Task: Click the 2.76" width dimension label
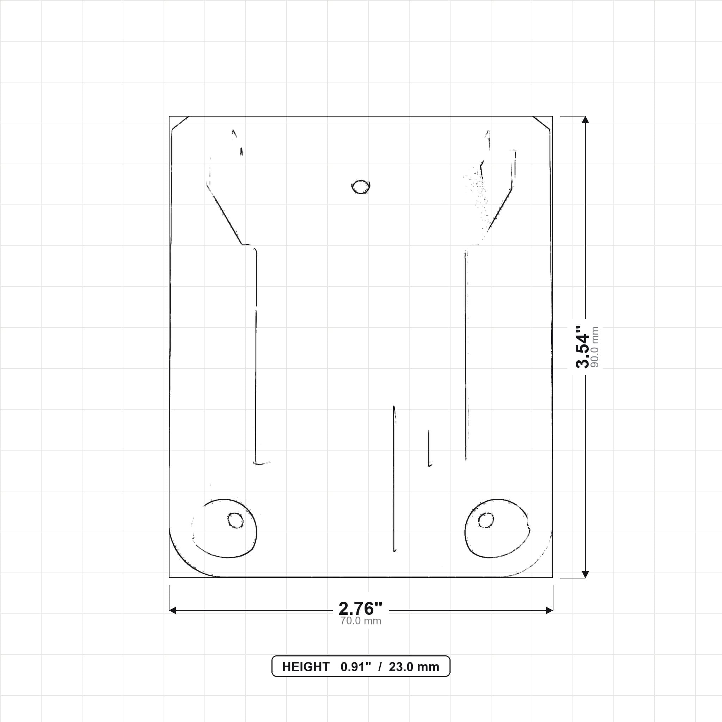[360, 609]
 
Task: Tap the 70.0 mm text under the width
[360, 621]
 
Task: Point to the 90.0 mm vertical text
[595, 347]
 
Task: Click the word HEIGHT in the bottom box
[306, 667]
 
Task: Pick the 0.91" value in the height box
[356, 667]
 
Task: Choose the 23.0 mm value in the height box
[414, 667]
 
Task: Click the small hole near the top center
[361, 187]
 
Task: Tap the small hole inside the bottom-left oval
[235, 520]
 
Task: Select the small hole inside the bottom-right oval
[486, 520]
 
